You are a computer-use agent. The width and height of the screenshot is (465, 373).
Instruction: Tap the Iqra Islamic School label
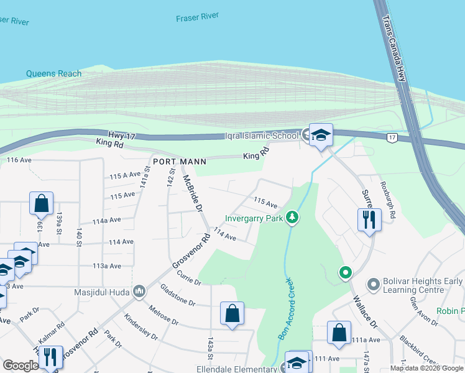tap(263, 136)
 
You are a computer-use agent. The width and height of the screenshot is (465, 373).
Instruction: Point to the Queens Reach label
tap(53, 73)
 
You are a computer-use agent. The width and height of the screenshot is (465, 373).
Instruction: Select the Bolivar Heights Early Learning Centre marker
tap(373, 285)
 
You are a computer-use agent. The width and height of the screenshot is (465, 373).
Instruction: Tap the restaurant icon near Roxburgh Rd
tap(369, 219)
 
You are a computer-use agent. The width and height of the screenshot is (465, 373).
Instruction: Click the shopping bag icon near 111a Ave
tap(339, 333)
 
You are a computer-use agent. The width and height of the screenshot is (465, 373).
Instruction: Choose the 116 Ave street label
tap(19, 160)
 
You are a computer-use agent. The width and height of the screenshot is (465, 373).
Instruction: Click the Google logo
tap(21, 366)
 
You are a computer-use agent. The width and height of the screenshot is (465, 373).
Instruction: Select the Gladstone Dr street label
tap(178, 300)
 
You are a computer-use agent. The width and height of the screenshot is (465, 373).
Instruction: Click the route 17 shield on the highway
tap(392, 137)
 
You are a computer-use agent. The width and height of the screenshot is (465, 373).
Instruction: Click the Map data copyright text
tap(426, 368)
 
